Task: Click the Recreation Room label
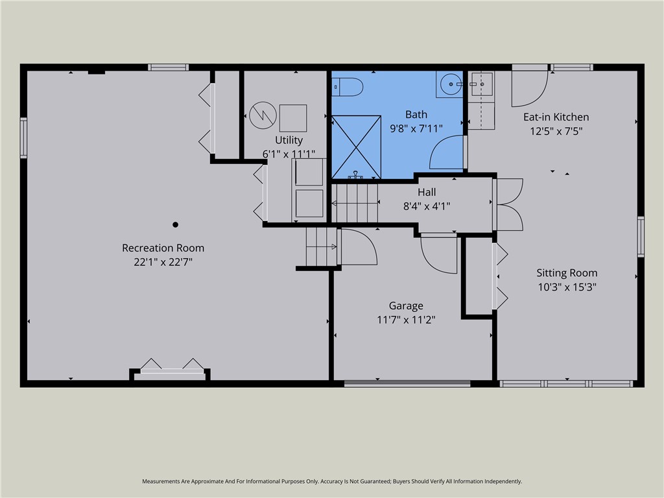coord(163,248)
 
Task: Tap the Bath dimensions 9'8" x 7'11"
coord(416,128)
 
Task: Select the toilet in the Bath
coord(348,87)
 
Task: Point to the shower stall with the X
coord(356,147)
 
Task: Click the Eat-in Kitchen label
coord(556,117)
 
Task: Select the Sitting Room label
coord(567,273)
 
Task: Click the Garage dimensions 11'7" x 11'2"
coord(406,320)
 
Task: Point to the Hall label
coord(427,192)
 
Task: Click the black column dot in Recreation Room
coord(175,224)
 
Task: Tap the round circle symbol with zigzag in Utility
coord(263,115)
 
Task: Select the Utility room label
coord(289,140)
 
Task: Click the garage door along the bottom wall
coord(407,384)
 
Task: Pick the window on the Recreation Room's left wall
coord(24,138)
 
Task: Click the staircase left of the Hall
coord(355,203)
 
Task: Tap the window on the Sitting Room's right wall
coord(641,237)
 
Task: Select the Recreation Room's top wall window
coord(168,67)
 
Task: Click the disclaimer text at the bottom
coord(332,482)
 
